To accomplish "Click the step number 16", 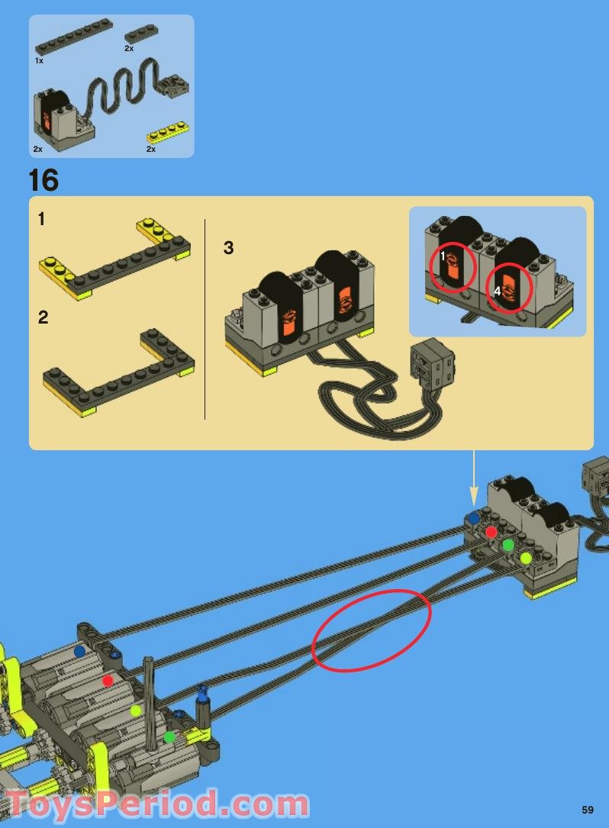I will click(43, 180).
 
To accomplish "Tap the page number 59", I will click(587, 810).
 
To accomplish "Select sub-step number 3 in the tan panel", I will click(228, 248).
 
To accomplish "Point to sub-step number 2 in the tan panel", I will click(43, 317).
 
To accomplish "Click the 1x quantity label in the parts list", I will click(39, 60).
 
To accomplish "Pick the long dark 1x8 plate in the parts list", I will click(74, 37).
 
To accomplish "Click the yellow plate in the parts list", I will click(168, 132).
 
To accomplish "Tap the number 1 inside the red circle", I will click(443, 257).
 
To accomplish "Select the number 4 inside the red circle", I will click(497, 291).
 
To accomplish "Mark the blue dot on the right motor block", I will click(474, 517).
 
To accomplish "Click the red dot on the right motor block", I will click(491, 531).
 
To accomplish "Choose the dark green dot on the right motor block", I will click(508, 545).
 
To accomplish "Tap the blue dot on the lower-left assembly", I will click(79, 652).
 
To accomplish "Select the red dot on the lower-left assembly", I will click(108, 680).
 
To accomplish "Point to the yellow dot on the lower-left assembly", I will click(136, 710).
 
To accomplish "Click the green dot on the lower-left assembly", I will click(169, 736).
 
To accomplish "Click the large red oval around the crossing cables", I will click(372, 630).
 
